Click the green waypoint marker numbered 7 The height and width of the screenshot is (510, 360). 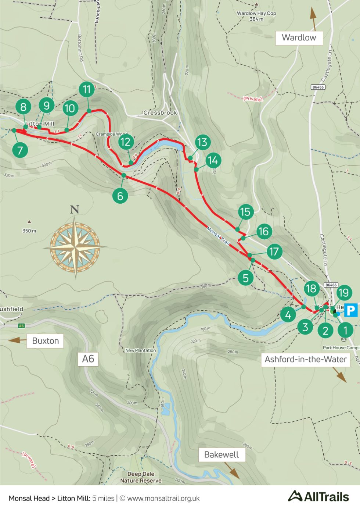(x=20, y=150)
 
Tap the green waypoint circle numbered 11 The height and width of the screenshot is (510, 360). (x=87, y=89)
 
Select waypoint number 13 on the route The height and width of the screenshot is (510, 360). (x=202, y=142)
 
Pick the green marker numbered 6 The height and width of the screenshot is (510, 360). (x=120, y=196)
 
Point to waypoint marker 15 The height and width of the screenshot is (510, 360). (x=245, y=212)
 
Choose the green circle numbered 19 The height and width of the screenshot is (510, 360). (x=343, y=293)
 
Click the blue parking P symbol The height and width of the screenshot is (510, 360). (x=351, y=310)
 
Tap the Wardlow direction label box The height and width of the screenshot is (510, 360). (x=299, y=38)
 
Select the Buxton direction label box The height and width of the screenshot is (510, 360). (x=45, y=341)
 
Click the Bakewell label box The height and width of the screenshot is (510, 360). (x=222, y=455)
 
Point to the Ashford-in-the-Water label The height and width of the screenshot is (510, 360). (x=306, y=359)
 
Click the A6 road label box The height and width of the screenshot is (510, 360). (x=88, y=359)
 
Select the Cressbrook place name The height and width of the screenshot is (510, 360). (x=160, y=113)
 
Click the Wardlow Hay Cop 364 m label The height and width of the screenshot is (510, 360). (x=256, y=16)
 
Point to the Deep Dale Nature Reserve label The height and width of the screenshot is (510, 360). (x=141, y=477)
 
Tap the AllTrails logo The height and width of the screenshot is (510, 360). (x=318, y=497)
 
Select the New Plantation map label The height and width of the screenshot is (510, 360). (x=141, y=350)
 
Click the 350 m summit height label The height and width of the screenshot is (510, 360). (x=29, y=231)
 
